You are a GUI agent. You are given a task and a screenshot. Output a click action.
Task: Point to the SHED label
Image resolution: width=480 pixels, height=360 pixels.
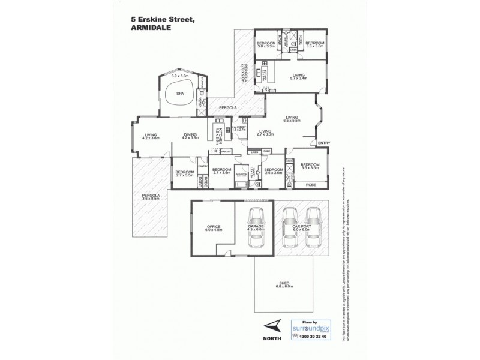point(284,285)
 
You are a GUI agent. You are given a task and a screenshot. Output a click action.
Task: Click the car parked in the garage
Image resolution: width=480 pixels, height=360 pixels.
point(256,224)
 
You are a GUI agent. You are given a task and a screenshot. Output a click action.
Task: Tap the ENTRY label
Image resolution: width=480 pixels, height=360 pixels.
point(323,142)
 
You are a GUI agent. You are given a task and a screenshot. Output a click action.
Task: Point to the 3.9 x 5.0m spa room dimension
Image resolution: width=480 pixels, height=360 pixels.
point(180,76)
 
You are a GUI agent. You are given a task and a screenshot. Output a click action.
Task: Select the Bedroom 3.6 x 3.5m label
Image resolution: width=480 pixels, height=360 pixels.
point(309,167)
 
